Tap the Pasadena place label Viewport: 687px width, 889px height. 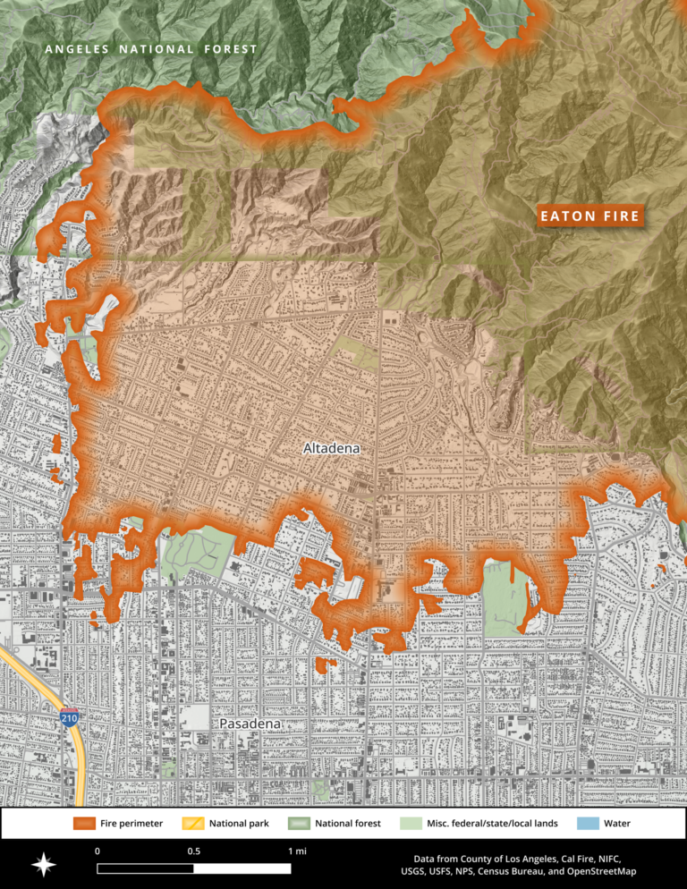250,723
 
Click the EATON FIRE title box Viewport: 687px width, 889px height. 589,216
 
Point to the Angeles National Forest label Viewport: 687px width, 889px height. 151,49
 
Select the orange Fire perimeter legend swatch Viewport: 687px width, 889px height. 84,823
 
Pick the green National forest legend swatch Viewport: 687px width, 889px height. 300,823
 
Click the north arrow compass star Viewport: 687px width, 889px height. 44,865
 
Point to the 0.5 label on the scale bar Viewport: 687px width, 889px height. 193,851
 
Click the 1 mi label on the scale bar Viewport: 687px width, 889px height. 297,851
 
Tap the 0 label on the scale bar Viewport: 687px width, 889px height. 97,851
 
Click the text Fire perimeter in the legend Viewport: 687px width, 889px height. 131,823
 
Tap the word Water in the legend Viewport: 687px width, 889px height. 620,823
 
